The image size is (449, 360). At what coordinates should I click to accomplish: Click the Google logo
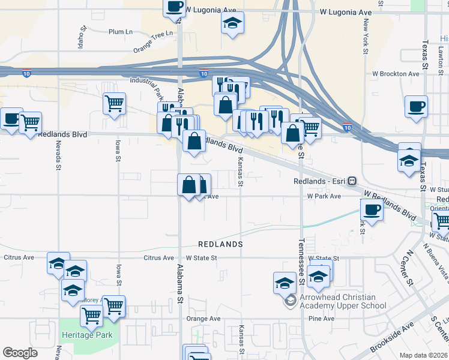pos(20,352)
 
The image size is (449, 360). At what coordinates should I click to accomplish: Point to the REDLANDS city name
pos(221,245)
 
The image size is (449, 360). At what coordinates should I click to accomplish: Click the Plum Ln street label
pos(121,32)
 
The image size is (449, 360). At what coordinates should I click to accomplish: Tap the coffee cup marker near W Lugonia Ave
pos(175,8)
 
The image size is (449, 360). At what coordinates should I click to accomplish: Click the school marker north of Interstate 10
pos(232,24)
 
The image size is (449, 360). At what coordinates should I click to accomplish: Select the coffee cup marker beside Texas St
pos(416,107)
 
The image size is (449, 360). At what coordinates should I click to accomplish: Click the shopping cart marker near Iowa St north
pos(113,104)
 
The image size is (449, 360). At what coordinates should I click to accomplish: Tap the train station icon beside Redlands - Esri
pos(352,181)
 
